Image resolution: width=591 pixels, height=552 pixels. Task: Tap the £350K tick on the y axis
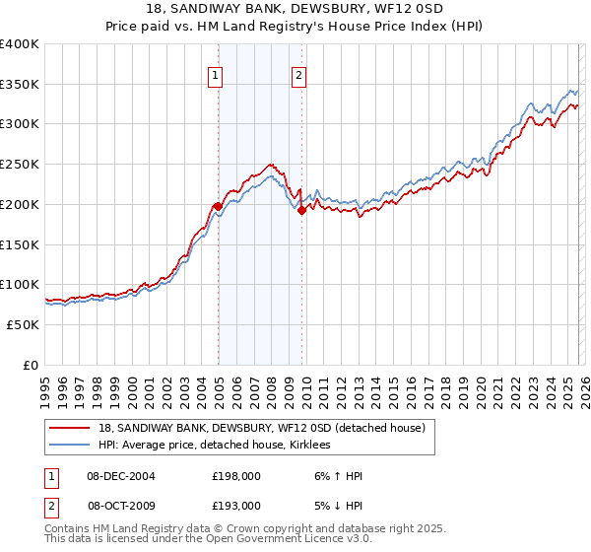click(20, 85)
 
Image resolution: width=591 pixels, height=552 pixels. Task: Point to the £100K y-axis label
click(20, 285)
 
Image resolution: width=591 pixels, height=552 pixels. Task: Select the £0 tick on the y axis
click(32, 365)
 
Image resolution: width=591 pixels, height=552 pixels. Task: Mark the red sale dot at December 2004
click(218, 206)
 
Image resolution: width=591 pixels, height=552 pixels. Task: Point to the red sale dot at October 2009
click(301, 210)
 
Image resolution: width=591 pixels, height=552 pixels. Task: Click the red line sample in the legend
click(70, 428)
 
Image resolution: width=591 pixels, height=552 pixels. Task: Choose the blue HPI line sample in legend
click(70, 446)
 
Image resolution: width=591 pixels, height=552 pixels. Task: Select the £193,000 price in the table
click(235, 505)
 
